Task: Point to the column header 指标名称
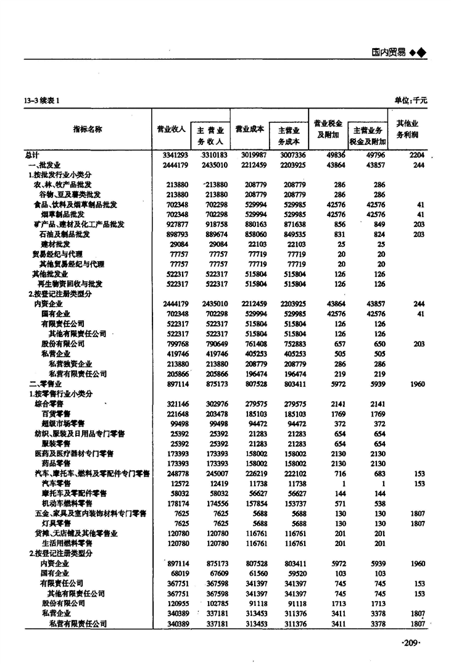point(88,129)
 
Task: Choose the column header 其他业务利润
point(407,128)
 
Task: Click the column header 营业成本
point(250,129)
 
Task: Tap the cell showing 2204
point(417,155)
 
